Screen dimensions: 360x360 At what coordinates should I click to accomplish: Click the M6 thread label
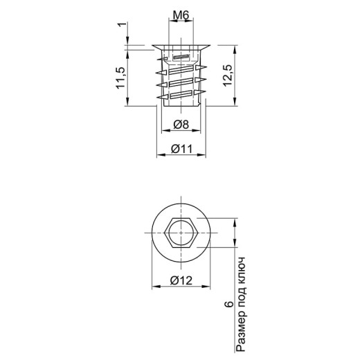point(181,15)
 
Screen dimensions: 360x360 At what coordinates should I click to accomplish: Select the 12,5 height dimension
point(228,75)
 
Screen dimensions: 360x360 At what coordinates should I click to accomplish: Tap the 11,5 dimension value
point(120,78)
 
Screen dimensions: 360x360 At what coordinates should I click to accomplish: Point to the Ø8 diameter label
point(181,125)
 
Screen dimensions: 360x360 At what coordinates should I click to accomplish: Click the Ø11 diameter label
point(181,149)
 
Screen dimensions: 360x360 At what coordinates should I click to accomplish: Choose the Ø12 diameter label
point(181,280)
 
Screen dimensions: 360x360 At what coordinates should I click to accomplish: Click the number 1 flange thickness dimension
point(123,24)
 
